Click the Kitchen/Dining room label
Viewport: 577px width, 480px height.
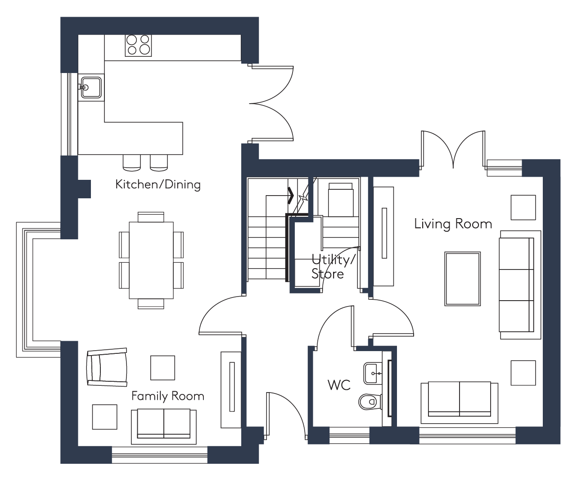[x=158, y=185]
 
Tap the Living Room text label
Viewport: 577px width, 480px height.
[x=453, y=224]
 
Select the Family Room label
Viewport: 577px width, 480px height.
[x=168, y=396]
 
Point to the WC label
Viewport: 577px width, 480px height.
[x=339, y=385]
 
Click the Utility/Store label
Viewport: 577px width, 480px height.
[x=333, y=267]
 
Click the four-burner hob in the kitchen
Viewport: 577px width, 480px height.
[x=138, y=46]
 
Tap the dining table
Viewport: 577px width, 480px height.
[x=151, y=260]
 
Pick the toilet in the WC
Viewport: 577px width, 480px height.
[x=370, y=402]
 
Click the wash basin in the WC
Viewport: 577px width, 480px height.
[x=373, y=373]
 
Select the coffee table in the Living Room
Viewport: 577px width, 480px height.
[x=462, y=279]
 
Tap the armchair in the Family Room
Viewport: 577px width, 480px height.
[x=107, y=367]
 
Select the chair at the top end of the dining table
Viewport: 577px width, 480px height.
[x=151, y=217]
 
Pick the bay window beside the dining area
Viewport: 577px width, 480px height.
[x=38, y=289]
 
